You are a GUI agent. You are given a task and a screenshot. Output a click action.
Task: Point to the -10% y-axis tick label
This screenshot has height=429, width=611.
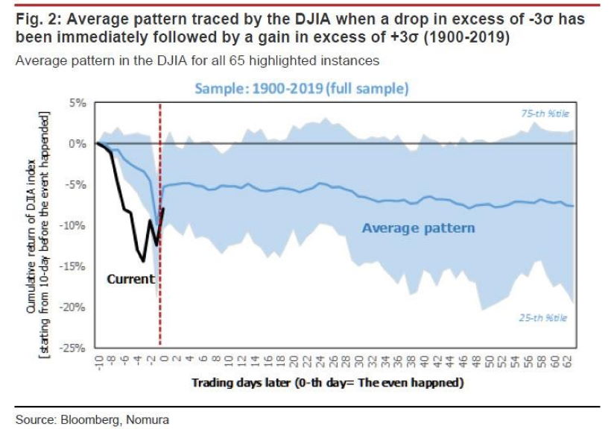76,225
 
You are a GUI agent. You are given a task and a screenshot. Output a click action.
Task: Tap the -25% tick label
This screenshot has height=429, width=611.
76,348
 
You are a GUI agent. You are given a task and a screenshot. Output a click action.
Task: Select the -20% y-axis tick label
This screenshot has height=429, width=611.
76,307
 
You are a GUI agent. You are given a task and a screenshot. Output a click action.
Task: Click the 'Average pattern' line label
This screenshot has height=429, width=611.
418,228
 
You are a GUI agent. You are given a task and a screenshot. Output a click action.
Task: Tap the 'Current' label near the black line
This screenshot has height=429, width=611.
130,279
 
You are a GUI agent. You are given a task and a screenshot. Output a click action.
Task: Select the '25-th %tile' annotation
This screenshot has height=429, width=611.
543,318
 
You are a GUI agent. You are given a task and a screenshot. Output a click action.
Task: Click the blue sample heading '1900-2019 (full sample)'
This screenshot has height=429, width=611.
301,88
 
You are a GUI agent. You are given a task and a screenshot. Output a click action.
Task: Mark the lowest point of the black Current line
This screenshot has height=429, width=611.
143,261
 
